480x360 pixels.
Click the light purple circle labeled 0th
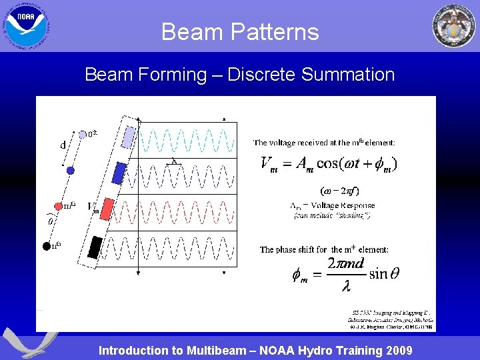[x=82, y=135]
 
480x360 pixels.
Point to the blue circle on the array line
[x=71, y=171]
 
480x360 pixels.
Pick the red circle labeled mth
[x=58, y=206]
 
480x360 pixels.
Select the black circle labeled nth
[x=47, y=245]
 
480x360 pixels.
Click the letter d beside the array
[x=63, y=145]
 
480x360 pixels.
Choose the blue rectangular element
[x=119, y=173]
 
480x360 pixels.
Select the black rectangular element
[x=97, y=246]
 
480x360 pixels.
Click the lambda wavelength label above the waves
[x=174, y=161]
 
